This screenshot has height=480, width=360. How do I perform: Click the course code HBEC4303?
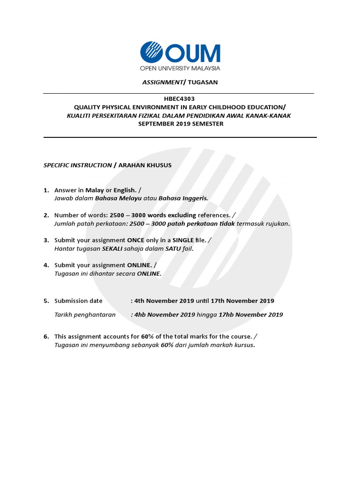(x=180, y=99)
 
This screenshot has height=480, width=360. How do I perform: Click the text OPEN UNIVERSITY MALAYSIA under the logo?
(x=180, y=68)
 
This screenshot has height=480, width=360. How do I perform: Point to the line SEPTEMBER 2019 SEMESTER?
(x=180, y=124)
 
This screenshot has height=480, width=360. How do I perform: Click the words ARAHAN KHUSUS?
(x=145, y=165)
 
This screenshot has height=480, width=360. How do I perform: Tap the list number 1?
(x=46, y=190)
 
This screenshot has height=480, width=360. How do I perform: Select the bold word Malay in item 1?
(x=95, y=190)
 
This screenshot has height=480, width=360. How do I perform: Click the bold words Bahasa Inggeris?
(x=183, y=198)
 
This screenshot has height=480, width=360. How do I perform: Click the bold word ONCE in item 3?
(x=136, y=240)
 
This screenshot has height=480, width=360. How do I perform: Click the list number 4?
(x=46, y=265)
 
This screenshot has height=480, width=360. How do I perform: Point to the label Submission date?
(x=78, y=301)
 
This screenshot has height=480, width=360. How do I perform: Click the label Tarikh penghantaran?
(x=85, y=315)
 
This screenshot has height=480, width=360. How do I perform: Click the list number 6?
(x=46, y=337)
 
